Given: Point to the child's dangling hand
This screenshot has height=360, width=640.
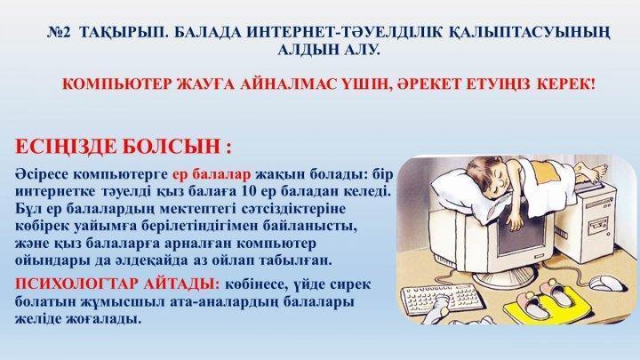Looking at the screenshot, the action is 514,221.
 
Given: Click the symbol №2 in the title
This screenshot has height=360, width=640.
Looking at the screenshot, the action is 60,32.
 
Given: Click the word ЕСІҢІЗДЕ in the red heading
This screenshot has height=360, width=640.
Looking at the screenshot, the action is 66,146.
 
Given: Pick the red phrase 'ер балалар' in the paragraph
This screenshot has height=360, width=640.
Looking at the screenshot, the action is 212,174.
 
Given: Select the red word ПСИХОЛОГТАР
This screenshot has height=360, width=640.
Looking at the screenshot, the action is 76,284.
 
